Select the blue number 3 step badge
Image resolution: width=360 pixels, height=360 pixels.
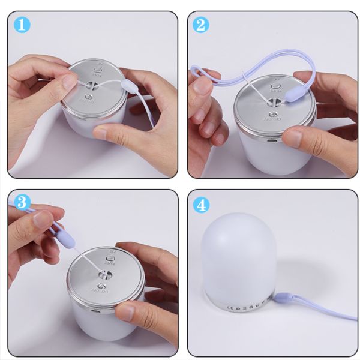[x=23, y=204]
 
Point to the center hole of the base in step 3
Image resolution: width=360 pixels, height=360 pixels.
[x=103, y=275]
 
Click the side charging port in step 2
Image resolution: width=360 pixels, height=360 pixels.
[x=270, y=142]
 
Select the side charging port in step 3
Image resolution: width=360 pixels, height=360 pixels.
[x=96, y=312]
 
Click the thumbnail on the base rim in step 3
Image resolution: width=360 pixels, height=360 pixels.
[x=127, y=310]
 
